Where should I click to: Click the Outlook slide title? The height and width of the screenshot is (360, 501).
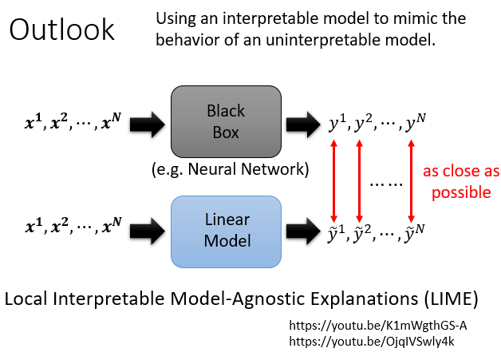tap(61, 30)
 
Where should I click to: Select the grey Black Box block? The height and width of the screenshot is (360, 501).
tap(226, 122)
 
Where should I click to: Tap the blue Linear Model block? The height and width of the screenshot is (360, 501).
tap(226, 231)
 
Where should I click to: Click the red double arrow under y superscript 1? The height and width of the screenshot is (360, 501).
tap(335, 178)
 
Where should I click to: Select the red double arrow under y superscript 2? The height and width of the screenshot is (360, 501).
tap(360, 178)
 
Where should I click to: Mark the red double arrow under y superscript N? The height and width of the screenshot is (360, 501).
tap(411, 178)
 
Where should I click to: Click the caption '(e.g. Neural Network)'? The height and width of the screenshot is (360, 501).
tap(226, 168)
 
